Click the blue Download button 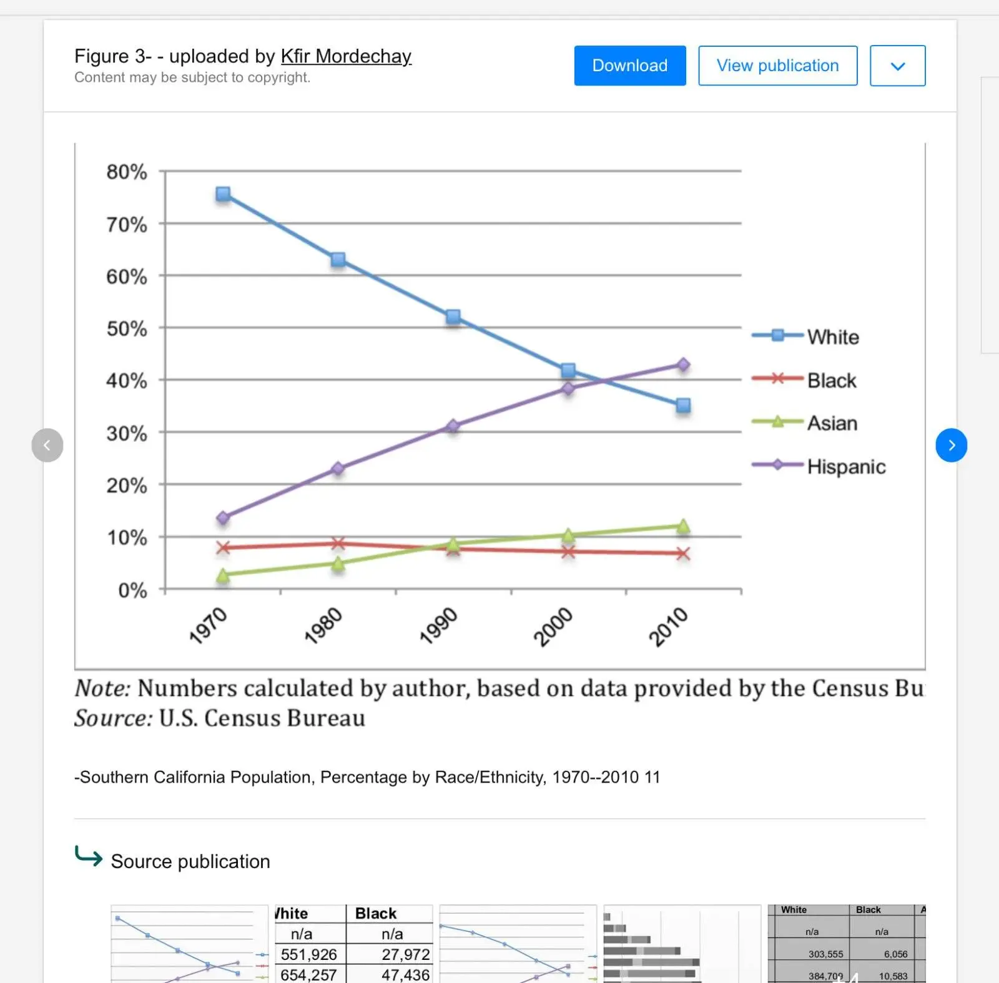pos(629,66)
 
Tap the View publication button pos(777,66)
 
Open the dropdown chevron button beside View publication pos(897,66)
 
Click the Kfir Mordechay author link pos(346,56)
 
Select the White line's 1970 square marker pos(223,194)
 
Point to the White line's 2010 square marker pos(683,406)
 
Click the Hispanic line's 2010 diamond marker pos(683,364)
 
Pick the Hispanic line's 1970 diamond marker pos(223,518)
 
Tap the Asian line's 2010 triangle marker pos(683,526)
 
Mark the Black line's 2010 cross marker pos(683,554)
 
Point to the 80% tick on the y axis pos(127,172)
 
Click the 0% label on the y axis pos(132,590)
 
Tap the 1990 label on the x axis pos(438,626)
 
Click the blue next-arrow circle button pos(951,445)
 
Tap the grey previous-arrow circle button pos(47,445)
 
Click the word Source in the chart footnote pos(113,718)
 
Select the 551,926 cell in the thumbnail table pos(308,954)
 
